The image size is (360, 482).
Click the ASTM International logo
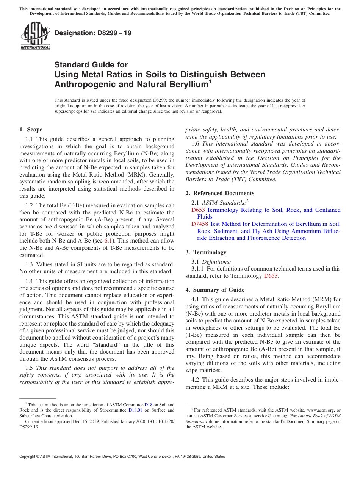(35, 36)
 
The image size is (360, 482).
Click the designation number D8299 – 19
(93, 33)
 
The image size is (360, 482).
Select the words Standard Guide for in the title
(91, 65)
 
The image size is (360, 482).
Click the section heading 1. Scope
(31, 130)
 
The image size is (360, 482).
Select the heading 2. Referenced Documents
(220, 193)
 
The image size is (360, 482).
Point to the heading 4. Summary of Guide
(215, 290)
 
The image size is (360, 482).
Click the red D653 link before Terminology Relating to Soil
(198, 210)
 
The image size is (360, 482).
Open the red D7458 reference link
(200, 224)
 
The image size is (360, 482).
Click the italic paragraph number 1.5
(30, 368)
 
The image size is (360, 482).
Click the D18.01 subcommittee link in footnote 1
(135, 410)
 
